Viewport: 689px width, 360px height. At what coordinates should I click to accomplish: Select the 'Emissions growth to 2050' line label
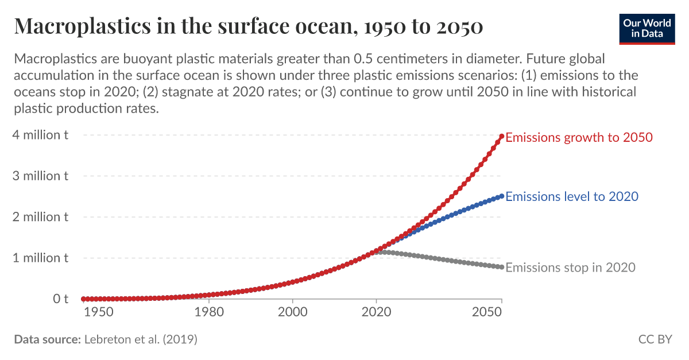coord(579,137)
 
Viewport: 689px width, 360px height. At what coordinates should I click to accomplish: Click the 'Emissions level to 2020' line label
coord(572,196)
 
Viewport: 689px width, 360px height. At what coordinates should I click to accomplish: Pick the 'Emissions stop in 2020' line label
coord(570,268)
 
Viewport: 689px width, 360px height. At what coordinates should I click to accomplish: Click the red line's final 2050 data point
coord(502,136)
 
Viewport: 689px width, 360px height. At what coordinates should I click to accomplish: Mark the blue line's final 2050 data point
coord(502,196)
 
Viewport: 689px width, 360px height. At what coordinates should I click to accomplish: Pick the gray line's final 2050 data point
coord(502,267)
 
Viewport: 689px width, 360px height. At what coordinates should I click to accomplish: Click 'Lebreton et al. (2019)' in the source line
coord(141,339)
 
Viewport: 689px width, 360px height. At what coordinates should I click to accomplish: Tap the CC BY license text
coord(655,339)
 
